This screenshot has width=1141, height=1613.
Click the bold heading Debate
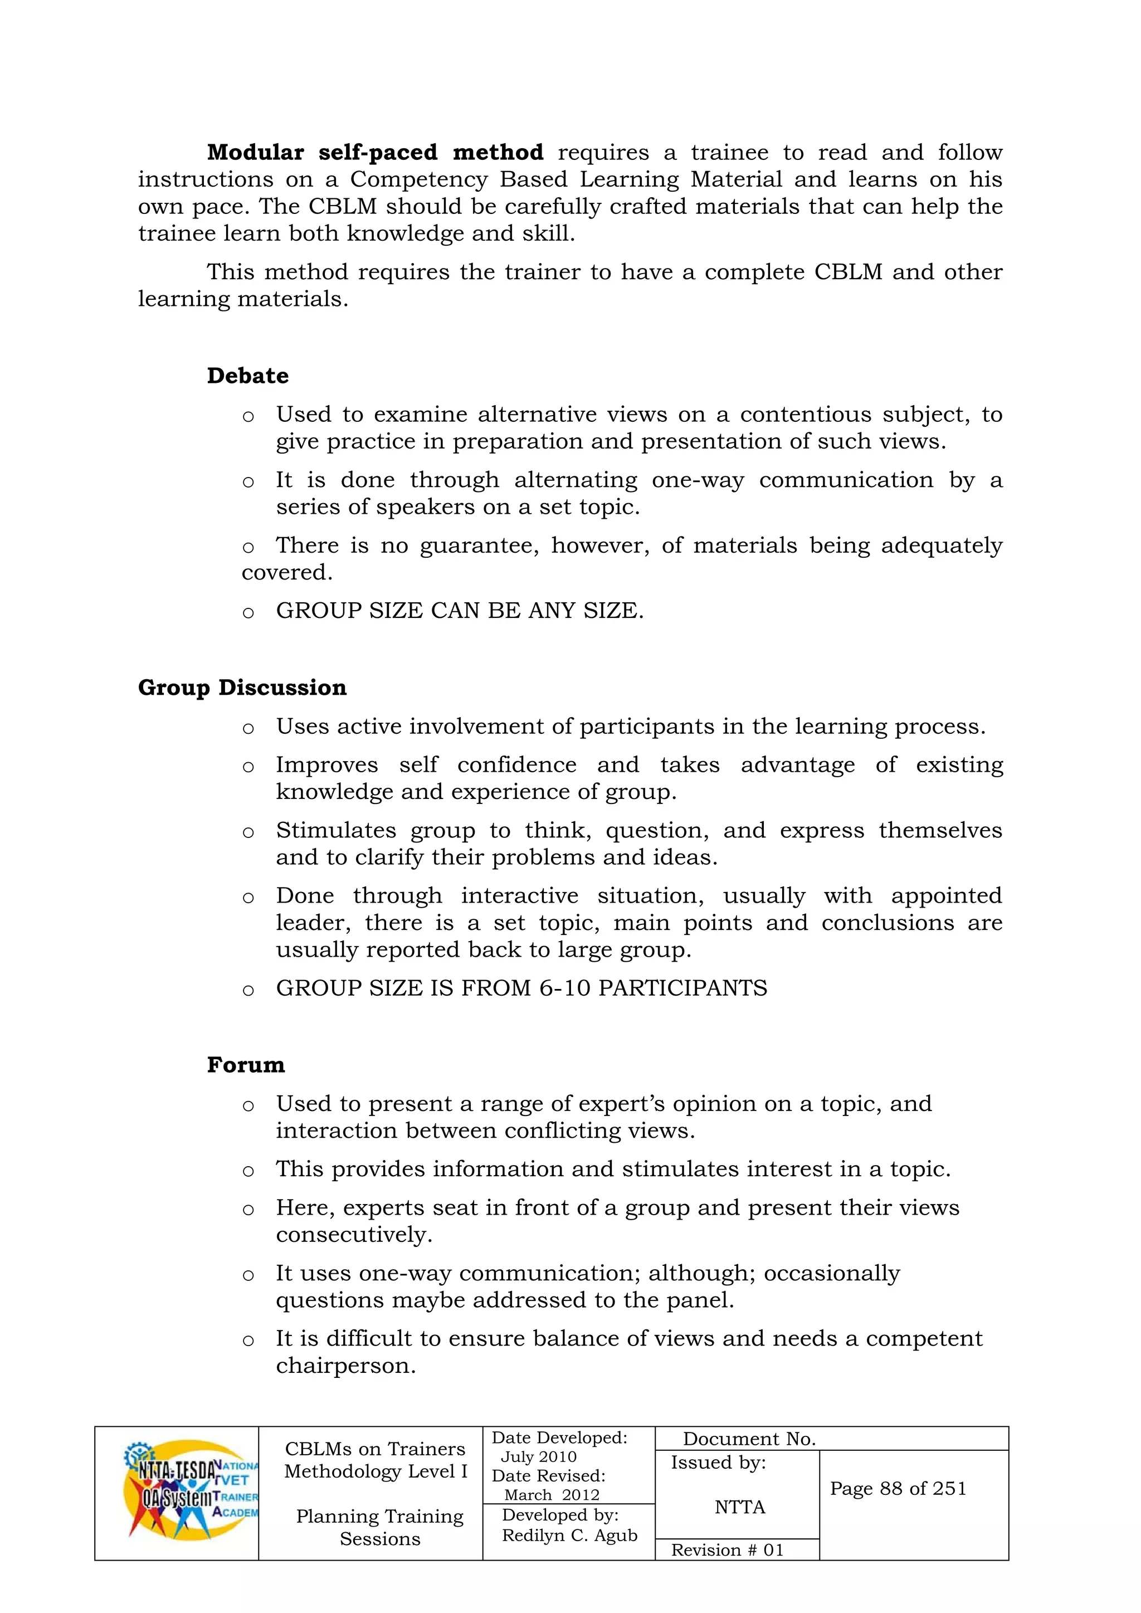247,376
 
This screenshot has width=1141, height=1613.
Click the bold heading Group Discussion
242,687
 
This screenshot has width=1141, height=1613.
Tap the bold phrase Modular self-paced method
374,153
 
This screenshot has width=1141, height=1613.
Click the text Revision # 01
726,1550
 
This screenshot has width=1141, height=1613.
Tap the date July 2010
538,1456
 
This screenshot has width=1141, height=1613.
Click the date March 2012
552,1495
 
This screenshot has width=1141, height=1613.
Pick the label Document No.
749,1439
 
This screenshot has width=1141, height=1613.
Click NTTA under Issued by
739,1507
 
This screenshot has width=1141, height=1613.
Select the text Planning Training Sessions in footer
379,1527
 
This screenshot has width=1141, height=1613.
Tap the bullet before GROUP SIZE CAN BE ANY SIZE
248,612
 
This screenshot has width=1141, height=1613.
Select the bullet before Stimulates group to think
248,832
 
